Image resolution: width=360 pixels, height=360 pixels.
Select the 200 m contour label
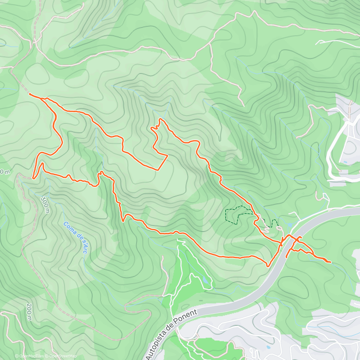point(29,312)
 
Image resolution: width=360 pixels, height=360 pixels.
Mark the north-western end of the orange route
point(30,94)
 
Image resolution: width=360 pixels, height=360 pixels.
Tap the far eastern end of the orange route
point(330,262)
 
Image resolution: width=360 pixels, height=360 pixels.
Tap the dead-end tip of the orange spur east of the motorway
point(286,257)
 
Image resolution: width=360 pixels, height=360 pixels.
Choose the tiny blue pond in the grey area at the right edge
point(346,162)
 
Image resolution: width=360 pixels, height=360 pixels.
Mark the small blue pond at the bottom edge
point(268,347)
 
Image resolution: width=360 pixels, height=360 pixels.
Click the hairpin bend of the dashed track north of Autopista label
point(126,306)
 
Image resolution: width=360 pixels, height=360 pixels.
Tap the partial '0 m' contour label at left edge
point(5,172)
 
